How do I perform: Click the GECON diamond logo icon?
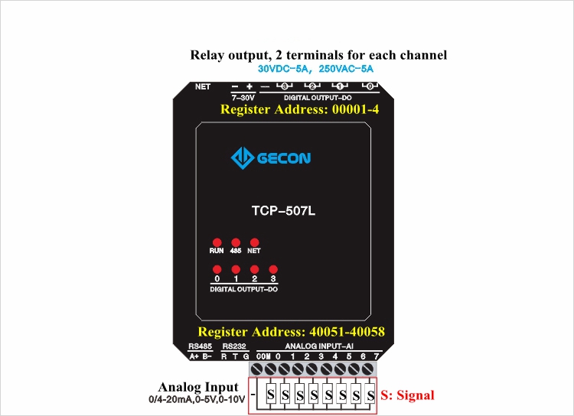(243, 158)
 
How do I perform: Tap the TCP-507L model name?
(283, 211)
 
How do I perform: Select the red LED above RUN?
(217, 242)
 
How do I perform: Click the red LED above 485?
(236, 242)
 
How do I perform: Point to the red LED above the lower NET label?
(254, 242)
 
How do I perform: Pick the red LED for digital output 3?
(273, 269)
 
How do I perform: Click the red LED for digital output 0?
(217, 269)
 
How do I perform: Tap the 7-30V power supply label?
(243, 98)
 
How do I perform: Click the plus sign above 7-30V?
(249, 86)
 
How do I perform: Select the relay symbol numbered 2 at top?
(312, 86)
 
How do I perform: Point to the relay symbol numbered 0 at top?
(370, 86)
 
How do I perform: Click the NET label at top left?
(203, 86)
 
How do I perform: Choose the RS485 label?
(200, 346)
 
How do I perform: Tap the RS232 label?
(234, 346)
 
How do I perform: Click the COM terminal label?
(263, 356)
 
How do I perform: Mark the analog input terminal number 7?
(377, 356)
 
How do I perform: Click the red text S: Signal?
(407, 395)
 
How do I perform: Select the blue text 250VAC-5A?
(346, 69)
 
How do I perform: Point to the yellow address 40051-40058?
(347, 331)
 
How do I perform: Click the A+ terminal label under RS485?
(194, 356)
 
